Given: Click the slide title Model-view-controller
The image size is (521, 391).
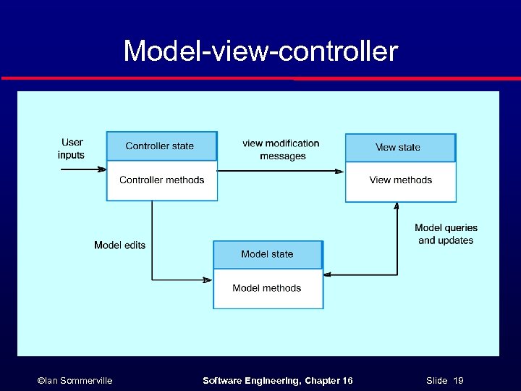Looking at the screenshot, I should point(260,51).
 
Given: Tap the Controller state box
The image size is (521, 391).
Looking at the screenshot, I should point(161,146).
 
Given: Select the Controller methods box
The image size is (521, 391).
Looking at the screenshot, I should point(161,180).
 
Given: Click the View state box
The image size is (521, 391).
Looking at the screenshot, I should point(399,147).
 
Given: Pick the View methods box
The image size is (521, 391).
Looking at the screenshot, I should point(400,180).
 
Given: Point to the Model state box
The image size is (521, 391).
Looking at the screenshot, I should point(267,254).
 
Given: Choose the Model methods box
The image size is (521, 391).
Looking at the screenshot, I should point(267,288).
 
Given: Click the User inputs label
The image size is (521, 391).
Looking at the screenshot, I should point(72,148).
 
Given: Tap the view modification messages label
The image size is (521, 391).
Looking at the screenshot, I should point(281,150).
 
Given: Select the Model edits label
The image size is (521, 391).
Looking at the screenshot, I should point(119,245).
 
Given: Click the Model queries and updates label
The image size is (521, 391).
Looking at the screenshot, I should point(446,234).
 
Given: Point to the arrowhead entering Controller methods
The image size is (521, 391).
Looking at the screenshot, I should point(102,169).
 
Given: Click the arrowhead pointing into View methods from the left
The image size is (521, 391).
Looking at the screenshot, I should point(339,171).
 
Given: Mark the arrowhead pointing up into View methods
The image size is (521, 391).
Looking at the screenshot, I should point(397,206).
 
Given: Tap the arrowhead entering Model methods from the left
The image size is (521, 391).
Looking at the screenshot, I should point(208,279).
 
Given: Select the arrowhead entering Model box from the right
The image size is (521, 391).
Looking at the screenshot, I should point(328,274).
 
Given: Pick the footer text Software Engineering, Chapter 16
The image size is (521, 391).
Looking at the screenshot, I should point(277,381).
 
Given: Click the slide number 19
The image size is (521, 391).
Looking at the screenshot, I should point(458,381).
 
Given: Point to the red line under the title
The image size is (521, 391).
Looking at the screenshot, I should point(260,77).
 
